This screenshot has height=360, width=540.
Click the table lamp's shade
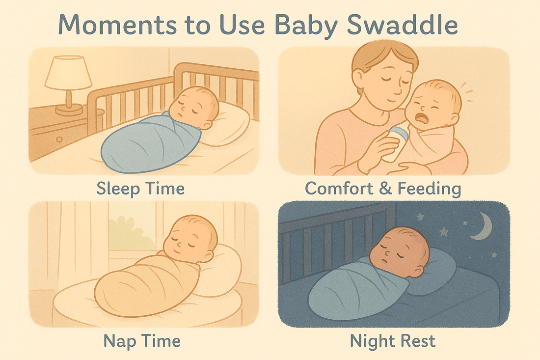click(68, 73)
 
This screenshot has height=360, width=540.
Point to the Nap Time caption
click(142, 340)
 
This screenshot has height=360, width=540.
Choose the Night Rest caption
click(393, 340)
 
